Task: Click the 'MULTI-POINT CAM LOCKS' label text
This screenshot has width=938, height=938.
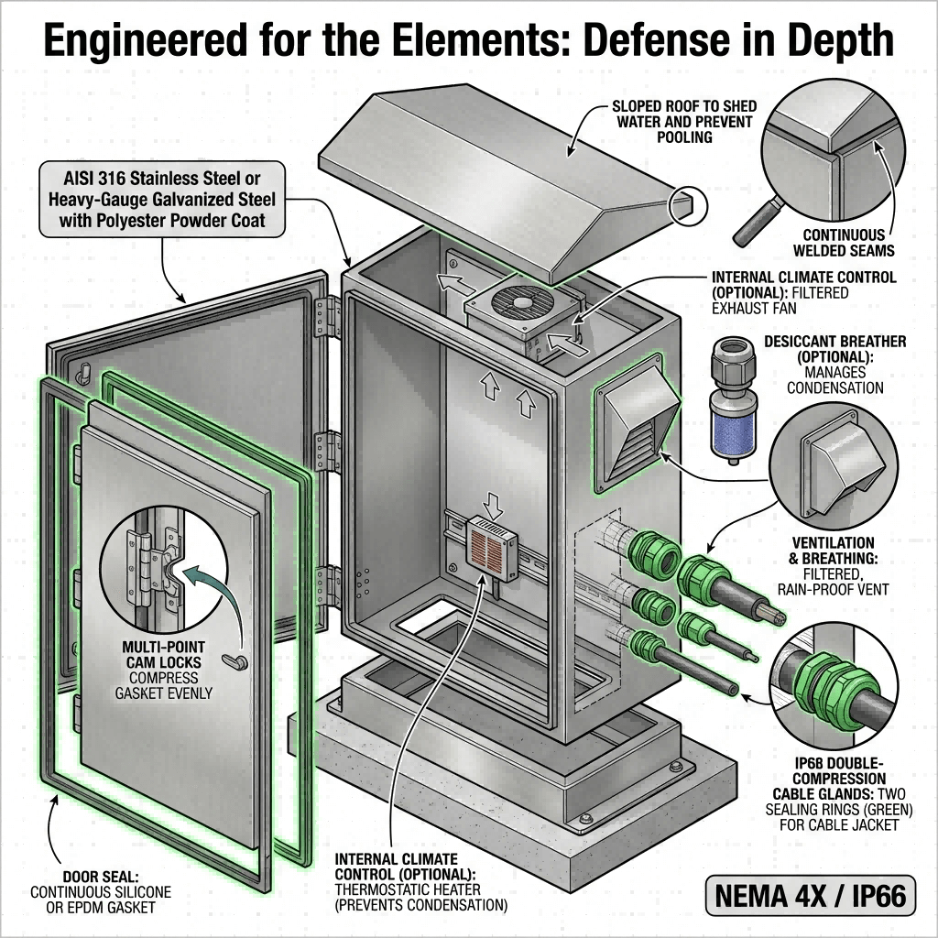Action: point(169,656)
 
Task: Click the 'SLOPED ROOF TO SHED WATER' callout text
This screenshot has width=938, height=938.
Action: point(682,121)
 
